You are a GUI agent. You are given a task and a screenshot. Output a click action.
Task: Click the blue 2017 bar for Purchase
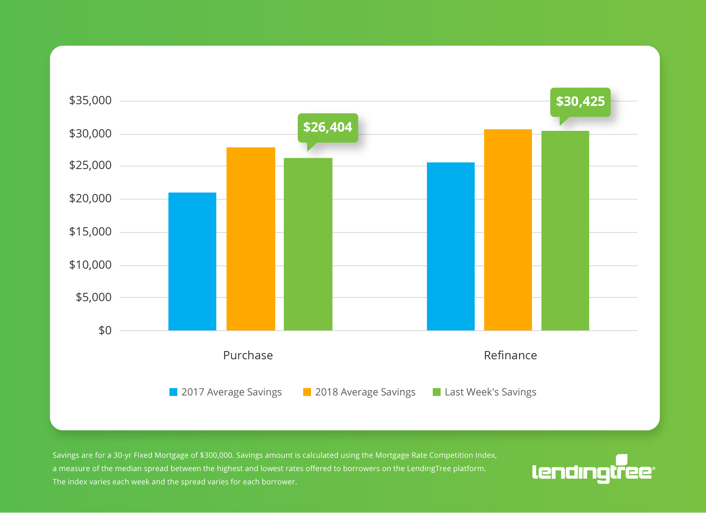(x=192, y=262)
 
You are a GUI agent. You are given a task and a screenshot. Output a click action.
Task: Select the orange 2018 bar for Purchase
(x=250, y=239)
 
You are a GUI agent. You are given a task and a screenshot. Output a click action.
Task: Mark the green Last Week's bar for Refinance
(x=565, y=231)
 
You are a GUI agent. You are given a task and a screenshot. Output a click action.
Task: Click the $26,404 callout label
(x=328, y=128)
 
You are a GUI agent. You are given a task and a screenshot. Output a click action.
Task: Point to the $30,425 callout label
(x=580, y=102)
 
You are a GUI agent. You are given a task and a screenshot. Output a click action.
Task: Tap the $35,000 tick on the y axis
(x=90, y=101)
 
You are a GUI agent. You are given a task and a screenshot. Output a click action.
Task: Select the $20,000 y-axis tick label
(x=90, y=199)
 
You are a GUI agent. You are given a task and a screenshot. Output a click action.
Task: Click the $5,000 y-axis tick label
(x=93, y=297)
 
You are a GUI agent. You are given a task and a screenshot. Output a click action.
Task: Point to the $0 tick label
(x=105, y=331)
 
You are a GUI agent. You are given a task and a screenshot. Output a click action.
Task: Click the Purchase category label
(x=248, y=356)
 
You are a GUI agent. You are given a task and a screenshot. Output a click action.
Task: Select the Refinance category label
(x=510, y=356)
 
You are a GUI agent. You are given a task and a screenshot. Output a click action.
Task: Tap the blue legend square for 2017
(x=174, y=392)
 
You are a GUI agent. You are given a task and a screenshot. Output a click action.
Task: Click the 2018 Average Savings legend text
(x=365, y=392)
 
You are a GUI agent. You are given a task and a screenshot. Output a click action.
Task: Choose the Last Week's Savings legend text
(x=490, y=392)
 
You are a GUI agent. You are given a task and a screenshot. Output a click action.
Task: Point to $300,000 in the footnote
(x=216, y=455)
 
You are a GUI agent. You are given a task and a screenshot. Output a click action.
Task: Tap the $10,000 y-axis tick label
(x=90, y=265)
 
